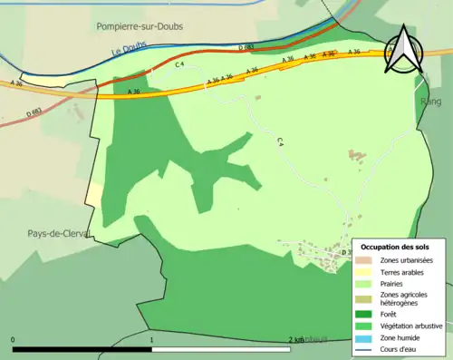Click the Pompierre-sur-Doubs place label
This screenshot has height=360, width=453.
tap(140, 27)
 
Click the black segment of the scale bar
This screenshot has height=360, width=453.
tap(82, 349)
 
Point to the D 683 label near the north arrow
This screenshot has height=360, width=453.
tap(246, 46)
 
